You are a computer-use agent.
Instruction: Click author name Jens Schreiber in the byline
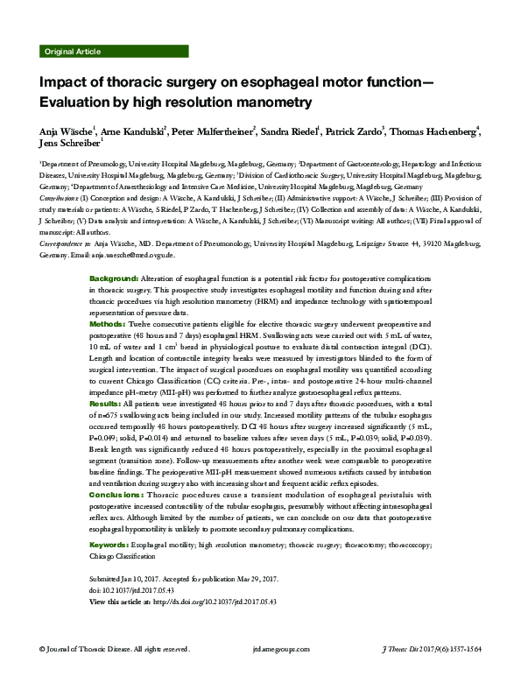click(69, 144)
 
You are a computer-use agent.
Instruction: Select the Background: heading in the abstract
click(113, 278)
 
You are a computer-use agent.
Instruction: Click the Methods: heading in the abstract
click(109, 324)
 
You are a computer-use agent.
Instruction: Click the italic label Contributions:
click(59, 199)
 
